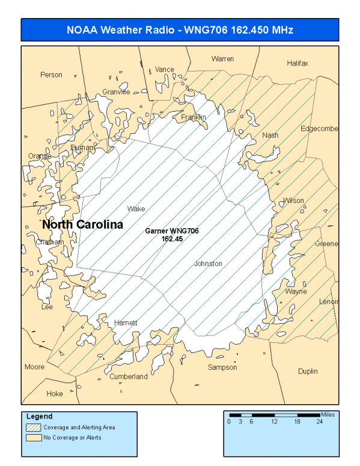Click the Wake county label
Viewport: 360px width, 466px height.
[136, 209]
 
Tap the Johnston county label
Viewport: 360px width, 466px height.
[208, 264]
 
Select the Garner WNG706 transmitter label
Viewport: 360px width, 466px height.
[172, 234]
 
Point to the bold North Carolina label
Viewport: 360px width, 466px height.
[82, 225]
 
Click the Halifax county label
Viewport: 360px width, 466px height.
[297, 63]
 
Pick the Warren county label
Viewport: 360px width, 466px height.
[222, 59]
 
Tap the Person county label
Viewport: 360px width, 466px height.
[51, 75]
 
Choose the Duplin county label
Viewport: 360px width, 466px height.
[308, 371]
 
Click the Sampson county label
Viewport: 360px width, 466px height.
[222, 367]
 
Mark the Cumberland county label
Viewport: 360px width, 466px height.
[128, 377]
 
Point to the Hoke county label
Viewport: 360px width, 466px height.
[55, 394]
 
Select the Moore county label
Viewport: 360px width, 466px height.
[34, 367]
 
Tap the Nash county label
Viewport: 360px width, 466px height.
[270, 135]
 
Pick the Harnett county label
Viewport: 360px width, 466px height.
[126, 322]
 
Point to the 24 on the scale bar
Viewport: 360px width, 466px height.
[320, 422]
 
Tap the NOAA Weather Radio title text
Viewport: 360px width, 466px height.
[180, 29]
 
